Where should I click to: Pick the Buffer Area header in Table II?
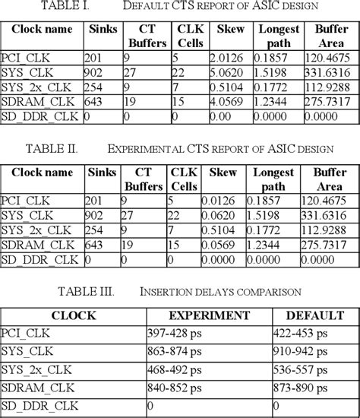(331, 179)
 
